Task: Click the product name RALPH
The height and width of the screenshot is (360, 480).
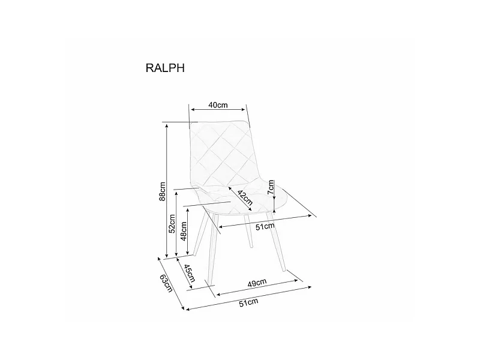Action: click(165, 68)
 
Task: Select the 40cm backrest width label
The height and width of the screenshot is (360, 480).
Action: click(218, 105)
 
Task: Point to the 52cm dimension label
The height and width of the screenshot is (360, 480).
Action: click(172, 223)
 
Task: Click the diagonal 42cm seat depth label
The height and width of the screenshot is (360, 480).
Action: click(244, 200)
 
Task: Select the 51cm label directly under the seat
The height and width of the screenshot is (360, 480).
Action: click(265, 226)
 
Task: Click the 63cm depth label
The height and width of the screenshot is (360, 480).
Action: click(166, 283)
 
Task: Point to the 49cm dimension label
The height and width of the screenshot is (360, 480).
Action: click(257, 283)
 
